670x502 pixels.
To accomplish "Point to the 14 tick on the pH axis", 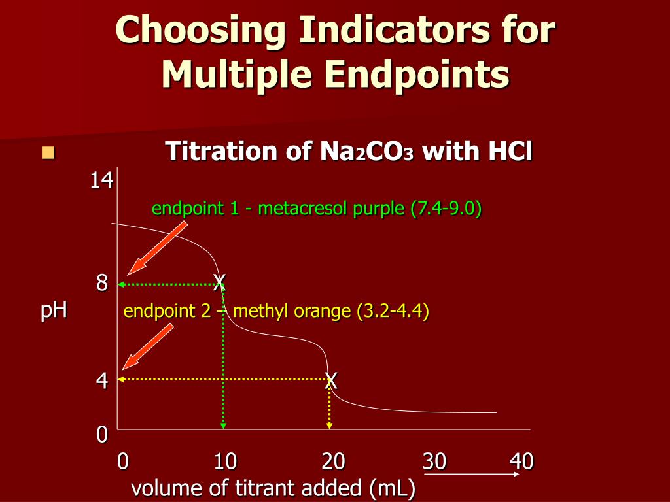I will coord(101,180).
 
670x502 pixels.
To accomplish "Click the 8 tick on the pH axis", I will coord(102,284).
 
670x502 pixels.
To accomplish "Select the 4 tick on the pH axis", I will coord(102,380).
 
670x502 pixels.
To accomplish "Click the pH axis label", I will coord(54,309).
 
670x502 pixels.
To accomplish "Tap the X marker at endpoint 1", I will coord(220,282).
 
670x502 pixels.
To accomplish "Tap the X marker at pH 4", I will coord(331,380).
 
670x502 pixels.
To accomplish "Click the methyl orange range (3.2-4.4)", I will coord(393,311).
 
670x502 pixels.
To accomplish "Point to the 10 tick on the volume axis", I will coord(225,462).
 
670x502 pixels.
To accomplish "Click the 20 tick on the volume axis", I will coord(333,462).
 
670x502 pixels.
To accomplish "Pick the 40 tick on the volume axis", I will coord(521,462).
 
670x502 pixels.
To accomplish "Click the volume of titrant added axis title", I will coord(273,488).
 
